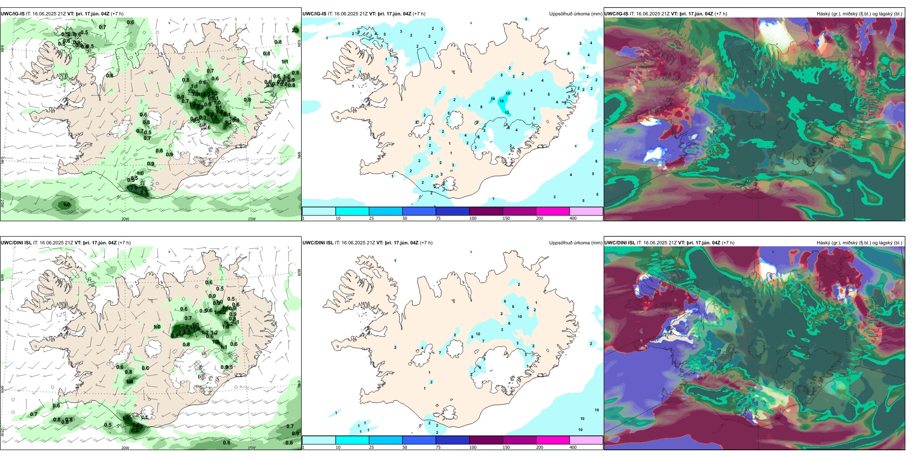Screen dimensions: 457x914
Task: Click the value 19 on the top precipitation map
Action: pos(501,102)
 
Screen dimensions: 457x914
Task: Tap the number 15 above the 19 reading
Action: pos(508,93)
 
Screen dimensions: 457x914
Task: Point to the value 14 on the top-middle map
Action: pos(493,99)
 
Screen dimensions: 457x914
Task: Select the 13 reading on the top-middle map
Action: pos(507,113)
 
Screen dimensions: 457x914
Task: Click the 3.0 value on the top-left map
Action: pos(133,188)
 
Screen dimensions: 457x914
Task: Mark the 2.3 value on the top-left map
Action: pos(144,192)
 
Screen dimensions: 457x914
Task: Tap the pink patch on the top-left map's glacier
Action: pos(203,127)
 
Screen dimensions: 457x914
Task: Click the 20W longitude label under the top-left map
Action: pos(125,219)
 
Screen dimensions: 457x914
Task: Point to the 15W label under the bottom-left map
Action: pos(251,448)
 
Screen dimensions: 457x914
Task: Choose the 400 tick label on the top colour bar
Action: pos(573,218)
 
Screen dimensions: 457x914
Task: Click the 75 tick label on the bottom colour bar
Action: pos(438,447)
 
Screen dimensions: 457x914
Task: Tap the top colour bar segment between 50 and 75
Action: pos(419,211)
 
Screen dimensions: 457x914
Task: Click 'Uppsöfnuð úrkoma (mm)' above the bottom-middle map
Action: pos(575,243)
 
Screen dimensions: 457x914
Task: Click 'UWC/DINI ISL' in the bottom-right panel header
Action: pos(620,243)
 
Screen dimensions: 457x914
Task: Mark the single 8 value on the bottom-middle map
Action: pos(472,337)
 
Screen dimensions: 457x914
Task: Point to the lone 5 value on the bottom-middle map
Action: pos(528,308)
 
